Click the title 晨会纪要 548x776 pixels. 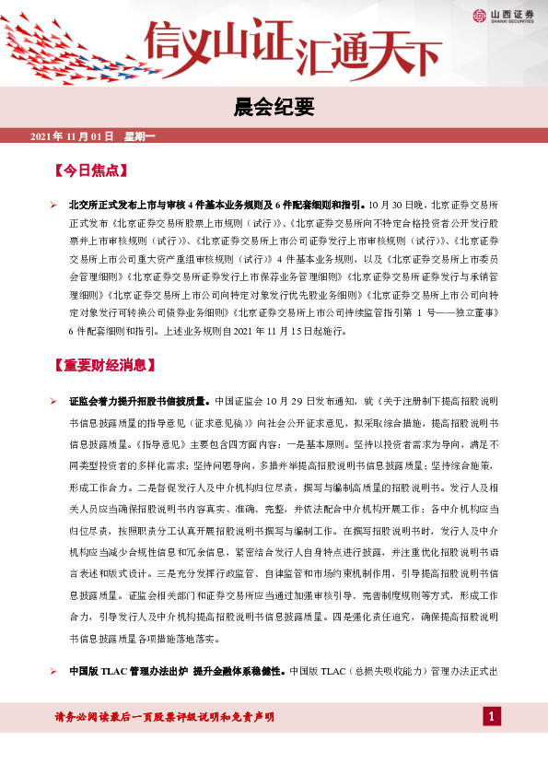click(274, 108)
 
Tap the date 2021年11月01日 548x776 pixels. click(71, 136)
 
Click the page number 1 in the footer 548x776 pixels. click(493, 717)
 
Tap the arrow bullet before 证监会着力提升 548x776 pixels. click(54, 402)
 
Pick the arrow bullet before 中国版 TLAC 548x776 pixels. click(54, 671)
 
